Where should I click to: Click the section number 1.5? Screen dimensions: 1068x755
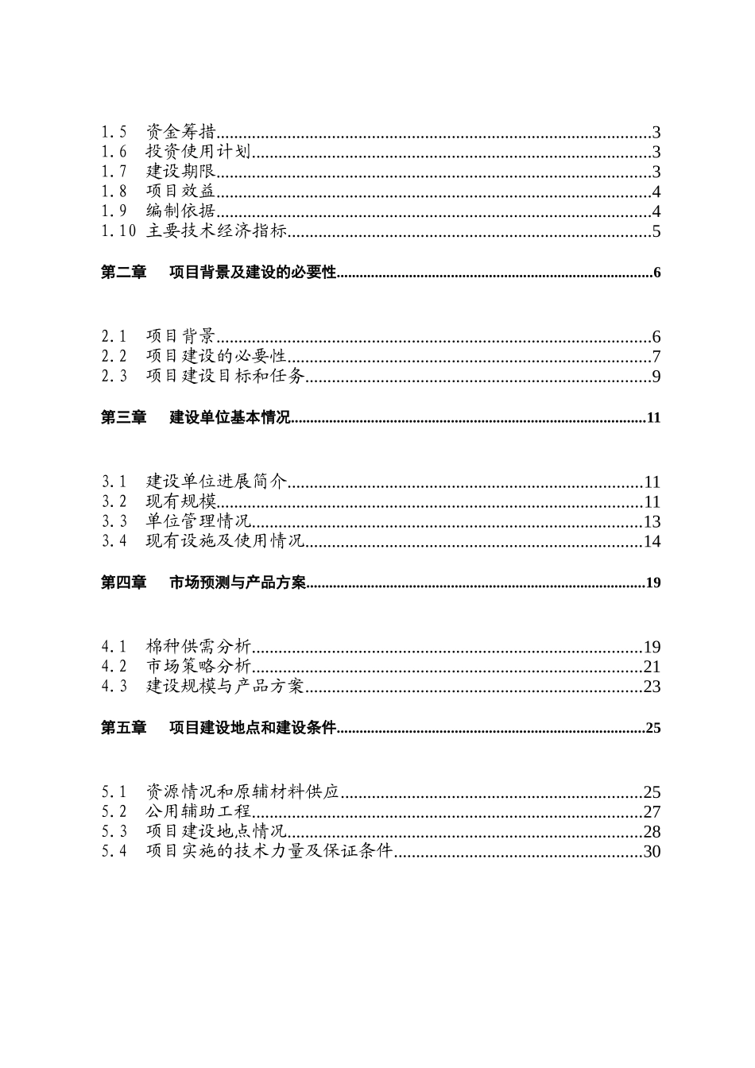coord(114,133)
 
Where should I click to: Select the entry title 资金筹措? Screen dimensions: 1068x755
coord(181,133)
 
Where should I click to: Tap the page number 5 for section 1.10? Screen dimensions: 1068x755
coord(656,232)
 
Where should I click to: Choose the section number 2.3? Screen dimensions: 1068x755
coord(114,377)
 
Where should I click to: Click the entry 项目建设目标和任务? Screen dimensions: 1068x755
coord(226,377)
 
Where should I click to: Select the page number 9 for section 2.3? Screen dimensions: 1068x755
coord(656,377)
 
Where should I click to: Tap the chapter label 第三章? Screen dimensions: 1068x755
coord(123,418)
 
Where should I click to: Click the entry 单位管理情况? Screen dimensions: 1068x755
coord(199,522)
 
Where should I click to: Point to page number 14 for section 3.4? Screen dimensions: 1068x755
coord(652,542)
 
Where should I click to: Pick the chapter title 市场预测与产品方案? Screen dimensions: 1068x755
coord(238,583)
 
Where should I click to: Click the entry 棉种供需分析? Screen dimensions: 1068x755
coord(199,647)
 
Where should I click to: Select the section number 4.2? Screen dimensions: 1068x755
coord(114,667)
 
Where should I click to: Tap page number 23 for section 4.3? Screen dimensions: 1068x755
coord(652,687)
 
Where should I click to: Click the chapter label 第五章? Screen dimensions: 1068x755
coord(123,728)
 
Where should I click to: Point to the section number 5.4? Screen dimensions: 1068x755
coord(114,852)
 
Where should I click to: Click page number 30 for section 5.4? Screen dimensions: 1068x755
coord(652,852)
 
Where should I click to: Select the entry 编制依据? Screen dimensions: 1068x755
coord(181,211)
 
